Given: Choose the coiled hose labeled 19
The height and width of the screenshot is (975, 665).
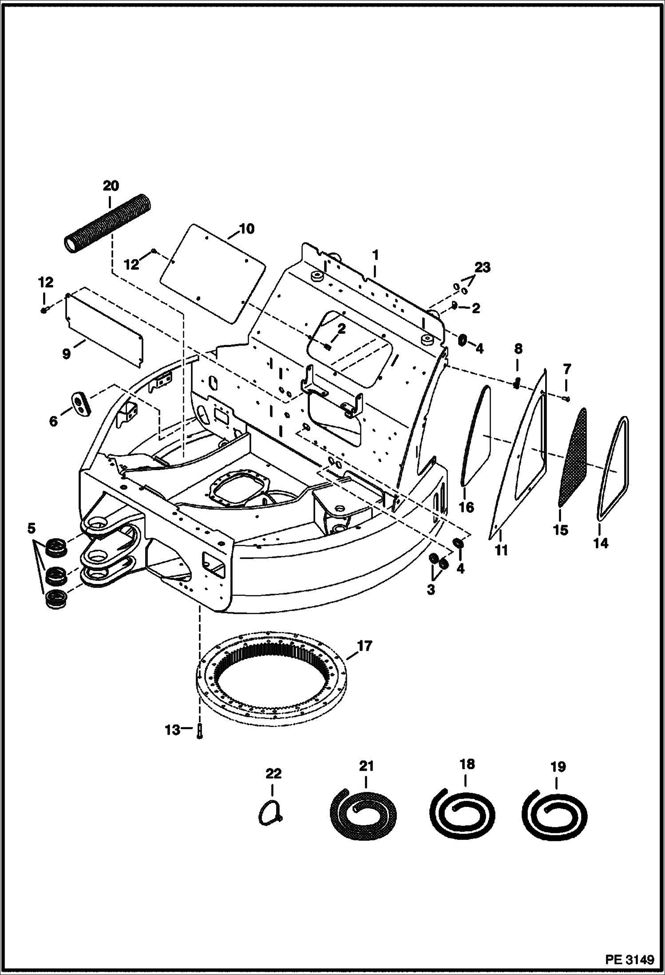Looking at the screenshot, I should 555,815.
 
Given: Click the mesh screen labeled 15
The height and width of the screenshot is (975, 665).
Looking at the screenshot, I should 572,458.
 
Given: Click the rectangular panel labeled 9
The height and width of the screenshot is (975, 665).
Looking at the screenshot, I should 104,327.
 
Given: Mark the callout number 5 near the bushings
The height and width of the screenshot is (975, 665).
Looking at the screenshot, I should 31,528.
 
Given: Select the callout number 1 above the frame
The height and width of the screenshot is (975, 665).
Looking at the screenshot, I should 375,256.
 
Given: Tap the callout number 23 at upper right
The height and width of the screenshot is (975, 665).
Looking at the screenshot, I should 483,268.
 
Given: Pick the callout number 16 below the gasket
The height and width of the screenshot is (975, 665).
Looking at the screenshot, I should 467,507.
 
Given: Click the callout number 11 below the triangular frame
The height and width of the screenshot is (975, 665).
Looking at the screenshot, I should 501,550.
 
